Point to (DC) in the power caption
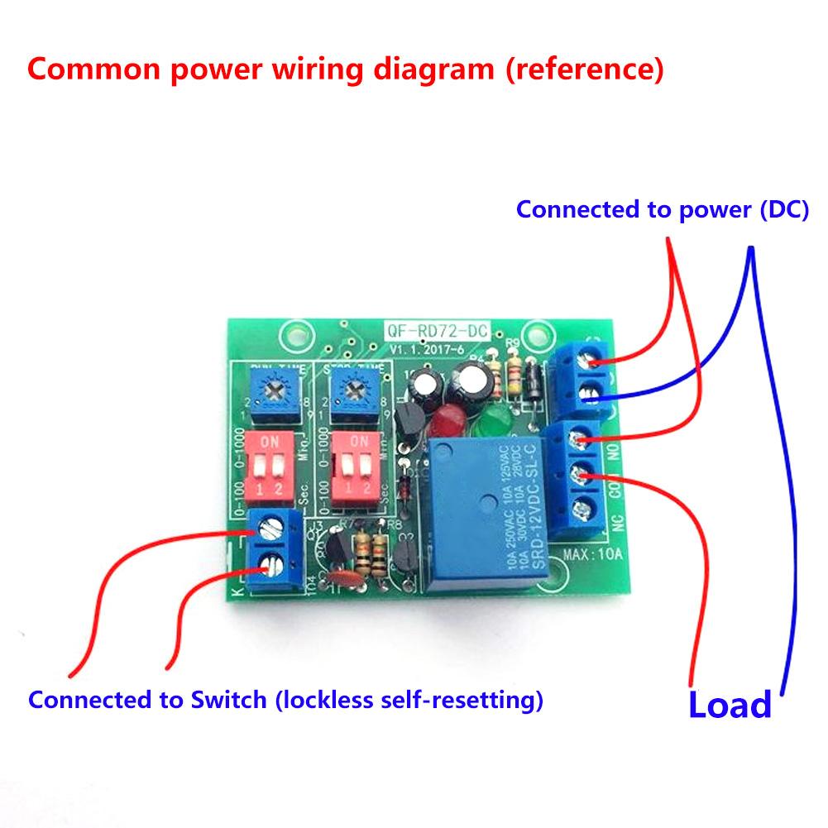coord(783,209)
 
